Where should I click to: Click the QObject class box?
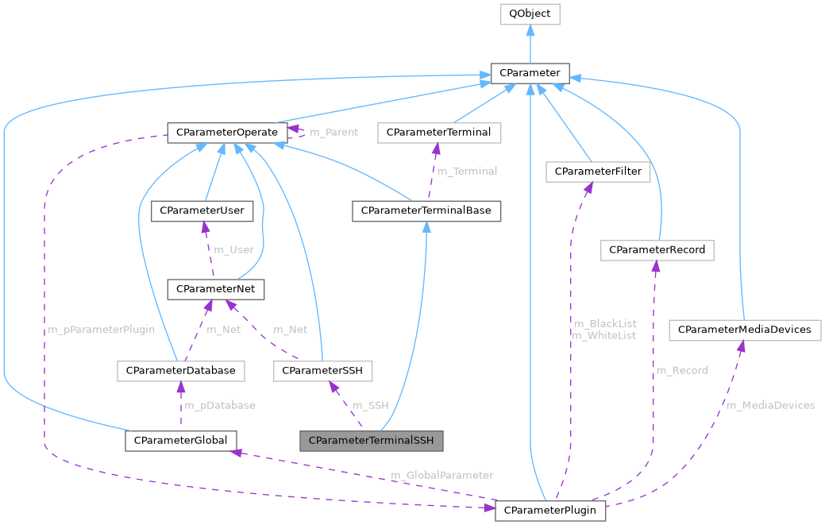(530, 14)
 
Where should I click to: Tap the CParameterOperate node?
(226, 132)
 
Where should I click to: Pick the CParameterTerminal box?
(439, 132)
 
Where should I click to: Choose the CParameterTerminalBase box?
(426, 211)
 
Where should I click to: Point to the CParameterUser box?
(202, 211)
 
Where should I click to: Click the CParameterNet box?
(215, 289)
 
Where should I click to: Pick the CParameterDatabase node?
(180, 370)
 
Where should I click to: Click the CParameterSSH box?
(322, 370)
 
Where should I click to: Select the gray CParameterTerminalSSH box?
(370, 440)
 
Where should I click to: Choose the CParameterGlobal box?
(181, 440)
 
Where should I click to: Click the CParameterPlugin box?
(550, 510)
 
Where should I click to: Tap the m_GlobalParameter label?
(441, 475)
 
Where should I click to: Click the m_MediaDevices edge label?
(769, 405)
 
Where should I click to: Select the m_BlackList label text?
(604, 323)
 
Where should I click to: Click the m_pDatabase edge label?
(220, 405)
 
